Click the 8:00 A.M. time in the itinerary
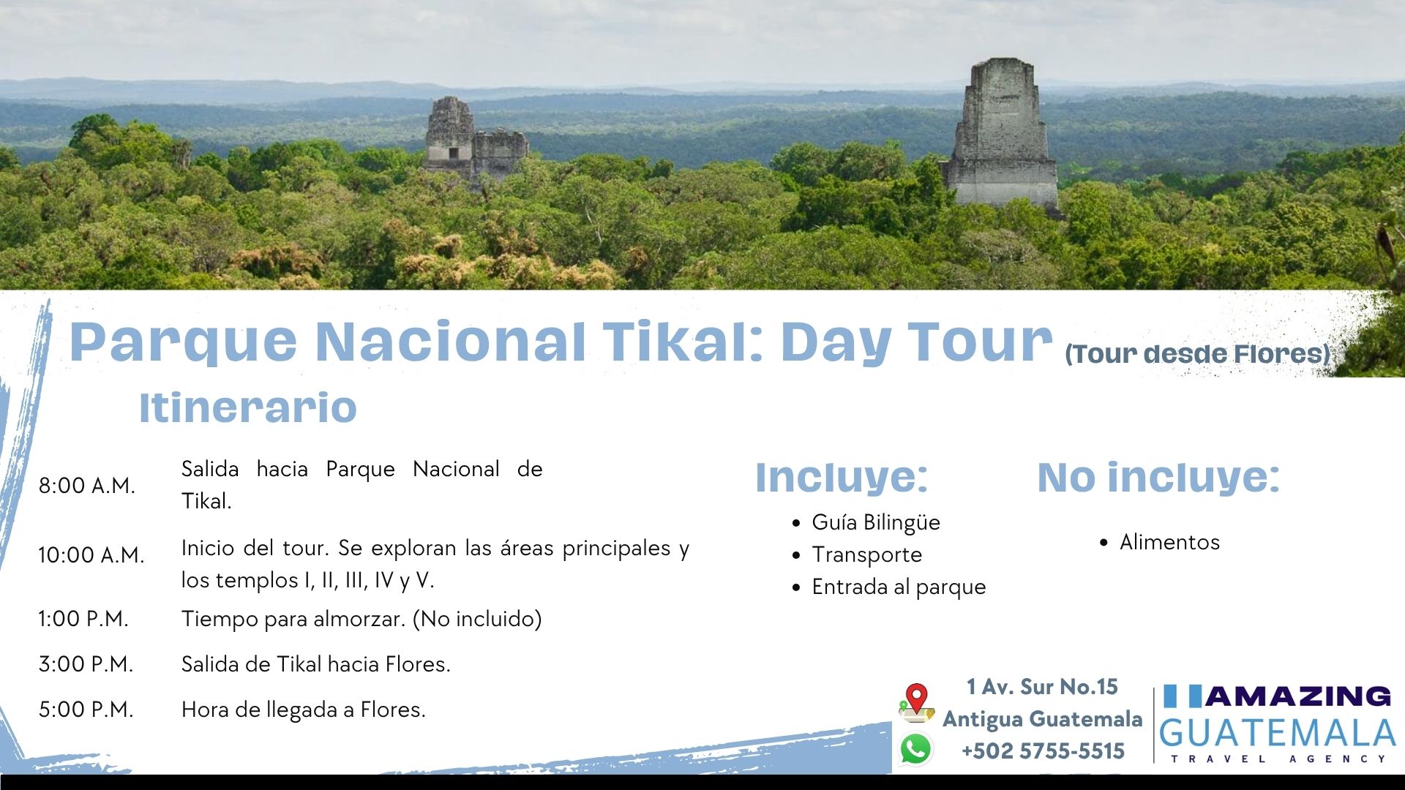click(x=87, y=486)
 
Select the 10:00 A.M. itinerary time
click(x=91, y=555)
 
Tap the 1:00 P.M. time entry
click(x=83, y=619)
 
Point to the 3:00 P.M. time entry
click(x=86, y=664)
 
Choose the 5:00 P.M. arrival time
click(x=86, y=710)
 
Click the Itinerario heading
click(x=248, y=407)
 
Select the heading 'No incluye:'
click(x=1158, y=477)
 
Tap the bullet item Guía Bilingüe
click(x=876, y=522)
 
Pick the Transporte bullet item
click(x=867, y=554)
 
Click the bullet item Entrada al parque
click(x=899, y=587)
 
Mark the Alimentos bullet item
click(x=1170, y=542)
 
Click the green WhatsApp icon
click(x=916, y=750)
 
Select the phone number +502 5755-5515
click(x=1043, y=751)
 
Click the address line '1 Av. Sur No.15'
click(x=1042, y=687)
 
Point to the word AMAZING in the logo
click(x=1297, y=696)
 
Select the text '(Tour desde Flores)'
click(x=1198, y=354)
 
